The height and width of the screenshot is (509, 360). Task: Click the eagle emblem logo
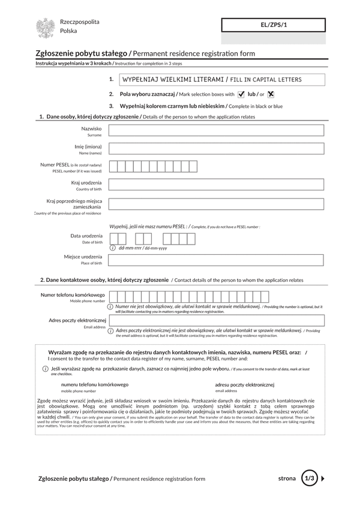[x=46, y=28]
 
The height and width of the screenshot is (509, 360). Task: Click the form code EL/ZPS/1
[x=274, y=25]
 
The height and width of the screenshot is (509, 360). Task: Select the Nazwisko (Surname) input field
[x=216, y=131]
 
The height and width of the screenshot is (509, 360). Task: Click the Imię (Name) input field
[x=216, y=149]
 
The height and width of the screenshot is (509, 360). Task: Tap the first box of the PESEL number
[x=113, y=167]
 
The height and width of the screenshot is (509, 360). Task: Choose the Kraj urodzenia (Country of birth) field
[x=216, y=185]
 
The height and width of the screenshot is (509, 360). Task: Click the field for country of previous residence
[x=216, y=204]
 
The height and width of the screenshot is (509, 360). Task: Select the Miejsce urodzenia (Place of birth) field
[x=216, y=260]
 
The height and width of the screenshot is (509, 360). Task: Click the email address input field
[x=216, y=320]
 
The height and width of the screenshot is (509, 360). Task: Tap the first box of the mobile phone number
[x=113, y=296]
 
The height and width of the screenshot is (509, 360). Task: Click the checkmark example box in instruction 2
[x=241, y=94]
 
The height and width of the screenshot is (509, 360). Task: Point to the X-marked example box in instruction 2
[x=271, y=94]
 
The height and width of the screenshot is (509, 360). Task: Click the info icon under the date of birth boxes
[x=113, y=248]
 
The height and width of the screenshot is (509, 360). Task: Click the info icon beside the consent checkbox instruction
[x=46, y=368]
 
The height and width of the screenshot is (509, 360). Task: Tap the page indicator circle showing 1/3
[x=309, y=478]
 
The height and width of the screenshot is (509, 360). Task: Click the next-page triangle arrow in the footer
[x=323, y=478]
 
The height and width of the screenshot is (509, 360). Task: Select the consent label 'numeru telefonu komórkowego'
[x=94, y=384]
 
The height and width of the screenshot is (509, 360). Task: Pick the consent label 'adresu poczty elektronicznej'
[x=244, y=384]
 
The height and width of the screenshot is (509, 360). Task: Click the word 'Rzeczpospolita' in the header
[x=80, y=22]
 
